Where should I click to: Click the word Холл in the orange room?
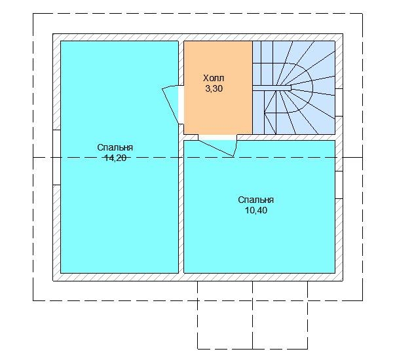coord(214,78)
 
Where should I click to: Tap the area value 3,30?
coord(214,88)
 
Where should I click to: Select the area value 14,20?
coord(115,158)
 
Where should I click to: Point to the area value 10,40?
coord(256,210)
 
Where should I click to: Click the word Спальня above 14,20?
coord(115,147)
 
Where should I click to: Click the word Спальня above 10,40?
coord(256,200)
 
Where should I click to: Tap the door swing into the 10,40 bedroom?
coord(218,148)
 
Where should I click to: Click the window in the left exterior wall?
coord(56,157)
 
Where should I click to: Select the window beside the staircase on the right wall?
coord(339,103)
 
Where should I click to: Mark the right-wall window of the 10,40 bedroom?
coord(339,185)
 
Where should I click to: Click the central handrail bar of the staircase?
coord(272,88)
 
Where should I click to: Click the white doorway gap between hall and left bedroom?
coord(181,105)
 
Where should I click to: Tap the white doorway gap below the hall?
coord(217,137)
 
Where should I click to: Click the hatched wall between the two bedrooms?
coord(181,206)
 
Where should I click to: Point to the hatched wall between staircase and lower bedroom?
coord(286,137)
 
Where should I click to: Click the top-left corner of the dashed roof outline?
coord(33,14)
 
